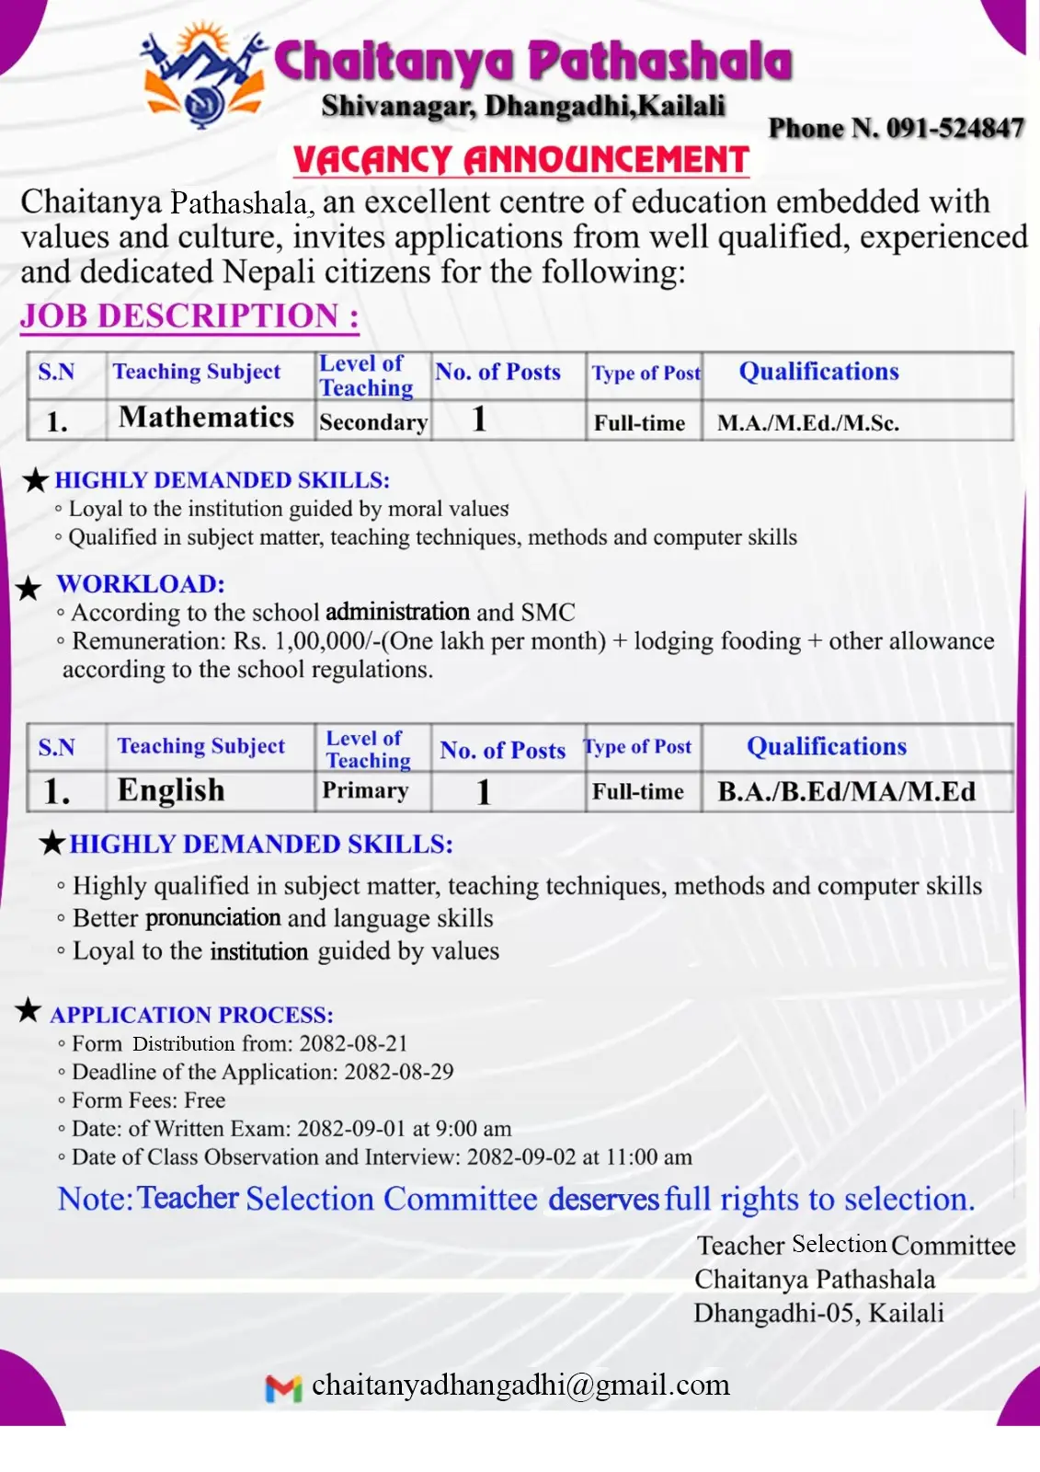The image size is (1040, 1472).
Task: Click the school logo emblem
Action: tap(203, 77)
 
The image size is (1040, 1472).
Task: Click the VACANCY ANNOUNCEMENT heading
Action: tap(520, 160)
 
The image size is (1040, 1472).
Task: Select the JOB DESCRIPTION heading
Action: tap(189, 316)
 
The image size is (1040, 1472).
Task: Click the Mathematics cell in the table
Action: tap(207, 418)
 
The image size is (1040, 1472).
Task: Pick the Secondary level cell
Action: tap(373, 422)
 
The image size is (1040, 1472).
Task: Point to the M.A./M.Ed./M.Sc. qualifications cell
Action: tap(808, 423)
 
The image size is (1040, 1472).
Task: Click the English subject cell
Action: tap(171, 790)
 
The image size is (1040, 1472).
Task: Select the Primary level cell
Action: tap(365, 790)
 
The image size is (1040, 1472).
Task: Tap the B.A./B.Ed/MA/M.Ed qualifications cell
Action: tap(846, 791)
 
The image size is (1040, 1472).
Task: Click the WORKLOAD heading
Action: tap(141, 584)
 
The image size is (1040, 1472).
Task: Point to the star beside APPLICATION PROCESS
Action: tap(29, 1010)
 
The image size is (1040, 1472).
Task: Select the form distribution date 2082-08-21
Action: tap(353, 1043)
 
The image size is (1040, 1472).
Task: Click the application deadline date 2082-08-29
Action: tap(399, 1072)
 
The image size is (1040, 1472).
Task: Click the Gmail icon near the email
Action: tap(283, 1388)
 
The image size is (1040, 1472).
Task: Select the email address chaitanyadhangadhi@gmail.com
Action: tap(520, 1386)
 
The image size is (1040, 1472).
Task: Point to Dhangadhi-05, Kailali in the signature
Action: tap(818, 1313)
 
